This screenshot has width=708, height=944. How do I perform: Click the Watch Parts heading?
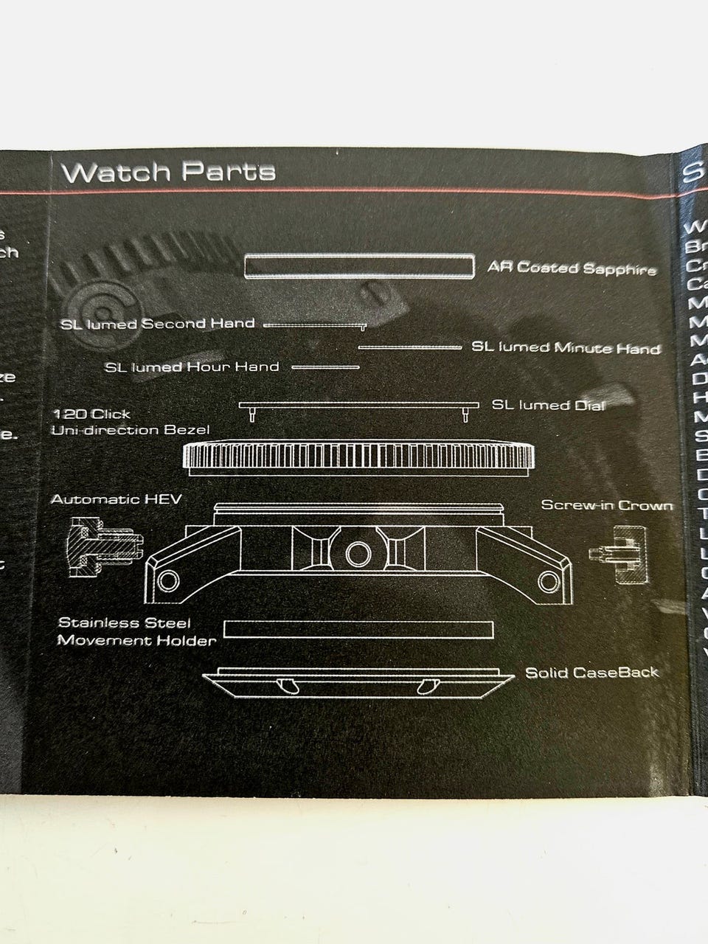tap(169, 171)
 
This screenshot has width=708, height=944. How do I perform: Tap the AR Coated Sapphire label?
tap(572, 268)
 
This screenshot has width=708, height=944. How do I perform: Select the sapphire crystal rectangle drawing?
tap(358, 267)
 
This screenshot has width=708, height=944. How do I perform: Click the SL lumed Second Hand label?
tap(158, 324)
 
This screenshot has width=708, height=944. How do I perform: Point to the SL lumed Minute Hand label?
tap(566, 347)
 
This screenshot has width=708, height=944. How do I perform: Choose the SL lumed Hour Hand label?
tap(192, 367)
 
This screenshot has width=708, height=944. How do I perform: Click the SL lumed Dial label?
tap(548, 405)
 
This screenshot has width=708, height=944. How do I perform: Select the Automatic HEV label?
tap(116, 499)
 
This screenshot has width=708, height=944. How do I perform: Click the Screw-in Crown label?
tap(606, 505)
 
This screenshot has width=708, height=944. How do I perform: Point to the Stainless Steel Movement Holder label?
tap(136, 631)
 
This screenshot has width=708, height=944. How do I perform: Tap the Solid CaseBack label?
tap(591, 672)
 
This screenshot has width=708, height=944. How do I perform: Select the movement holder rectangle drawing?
tap(358, 629)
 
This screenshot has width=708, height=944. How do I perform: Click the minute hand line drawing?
tap(409, 347)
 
